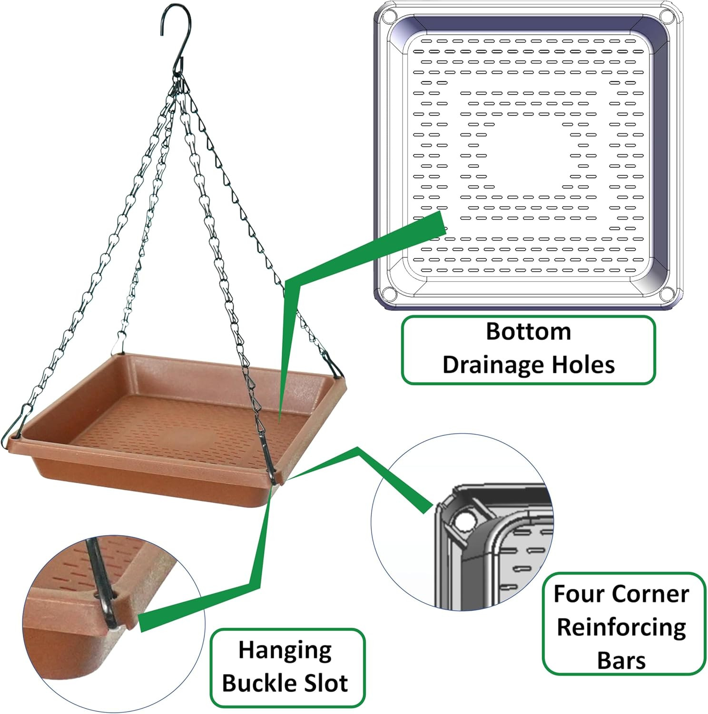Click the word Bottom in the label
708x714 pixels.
(528, 332)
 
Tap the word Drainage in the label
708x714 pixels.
(492, 365)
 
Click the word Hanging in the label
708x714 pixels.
(285, 651)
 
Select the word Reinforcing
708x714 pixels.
(622, 627)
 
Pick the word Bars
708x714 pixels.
(621, 661)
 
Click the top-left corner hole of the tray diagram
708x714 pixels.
(389, 17)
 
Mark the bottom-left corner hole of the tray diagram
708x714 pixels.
(389, 293)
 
